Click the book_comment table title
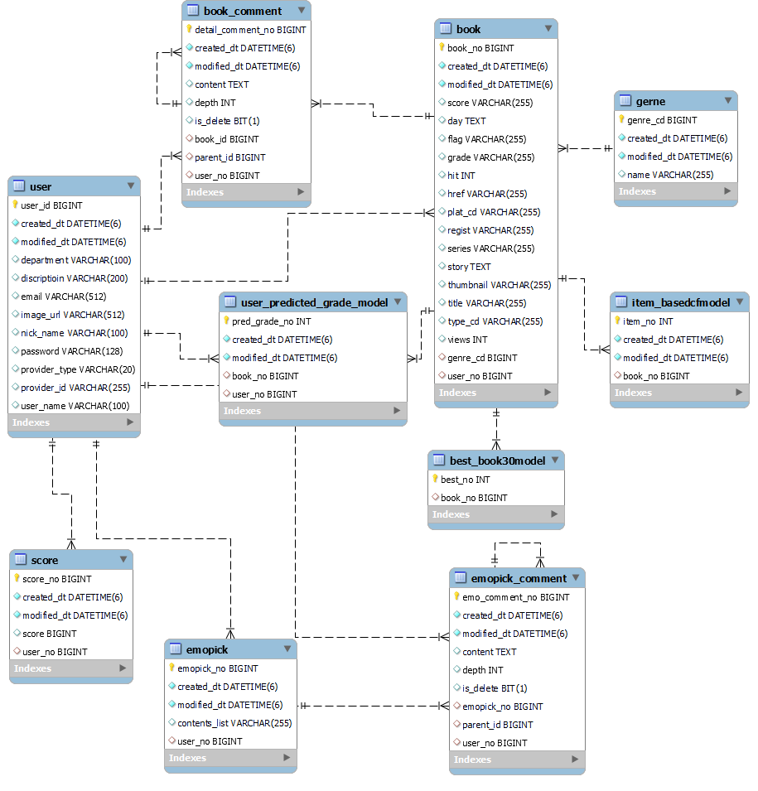[x=242, y=11]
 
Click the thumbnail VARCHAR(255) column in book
[x=499, y=285]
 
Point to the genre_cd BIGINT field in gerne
[x=662, y=120]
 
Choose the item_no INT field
[x=648, y=321]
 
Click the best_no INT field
[x=465, y=480]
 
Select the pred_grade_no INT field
[x=271, y=321]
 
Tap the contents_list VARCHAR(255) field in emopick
[x=234, y=723]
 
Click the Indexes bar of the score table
[x=70, y=668]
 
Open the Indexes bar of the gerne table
[x=675, y=191]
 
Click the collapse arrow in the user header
[x=130, y=186]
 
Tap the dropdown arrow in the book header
[x=548, y=29]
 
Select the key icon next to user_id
[x=15, y=205]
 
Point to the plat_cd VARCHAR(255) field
[x=494, y=212]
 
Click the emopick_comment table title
[x=519, y=578]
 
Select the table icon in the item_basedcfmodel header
[x=621, y=302]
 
